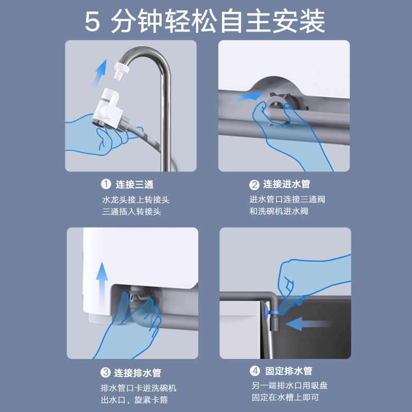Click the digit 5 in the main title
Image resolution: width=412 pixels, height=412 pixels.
coord(93,22)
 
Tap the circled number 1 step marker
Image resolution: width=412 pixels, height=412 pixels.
coord(106,184)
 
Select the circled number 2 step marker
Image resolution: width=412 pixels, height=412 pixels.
coord(254,185)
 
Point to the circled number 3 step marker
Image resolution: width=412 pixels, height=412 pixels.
coord(106,372)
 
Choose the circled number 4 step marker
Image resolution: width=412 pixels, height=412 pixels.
coord(254,371)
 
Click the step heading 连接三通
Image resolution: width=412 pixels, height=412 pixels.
coord(134,184)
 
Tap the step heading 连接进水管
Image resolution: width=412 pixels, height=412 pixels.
coord(287,184)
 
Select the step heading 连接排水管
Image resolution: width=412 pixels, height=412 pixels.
coord(138,372)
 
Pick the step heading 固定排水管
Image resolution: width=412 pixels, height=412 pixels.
coord(288,371)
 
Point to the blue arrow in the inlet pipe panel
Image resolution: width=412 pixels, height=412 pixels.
coord(246,98)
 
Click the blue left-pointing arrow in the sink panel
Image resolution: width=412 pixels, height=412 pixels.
coord(308,323)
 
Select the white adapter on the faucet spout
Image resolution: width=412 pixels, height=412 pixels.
coord(121,70)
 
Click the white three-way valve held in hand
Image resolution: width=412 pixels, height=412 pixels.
coord(108,109)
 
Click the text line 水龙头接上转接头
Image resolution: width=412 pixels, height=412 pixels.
coord(135,200)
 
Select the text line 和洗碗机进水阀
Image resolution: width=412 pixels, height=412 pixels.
coord(279,211)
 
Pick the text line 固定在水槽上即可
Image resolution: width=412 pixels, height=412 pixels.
coord(285,397)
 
